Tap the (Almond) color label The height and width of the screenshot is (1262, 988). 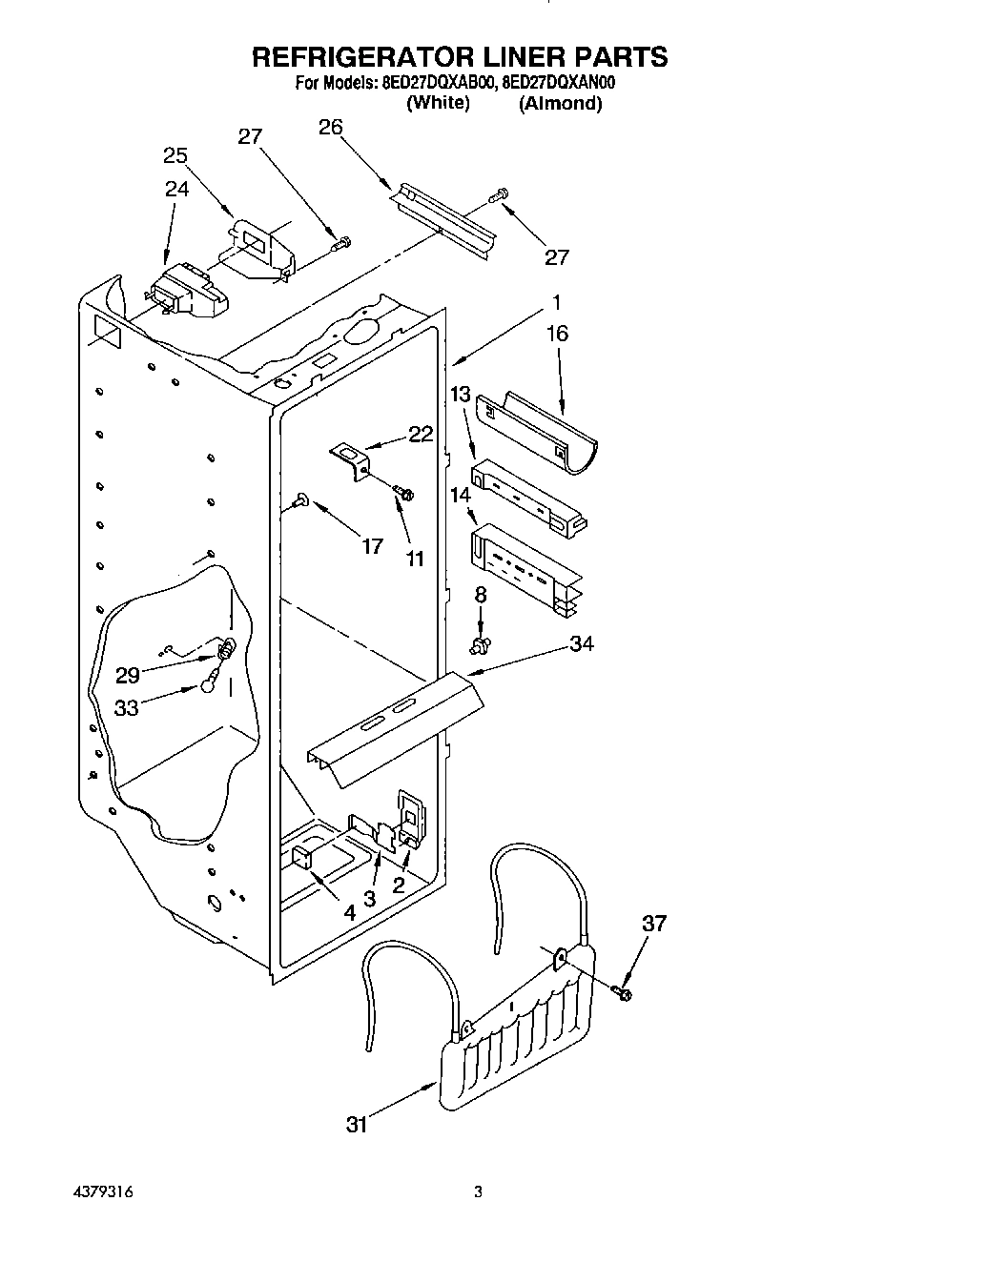(560, 103)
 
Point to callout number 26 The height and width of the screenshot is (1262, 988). (330, 128)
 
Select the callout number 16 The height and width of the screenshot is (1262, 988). (557, 333)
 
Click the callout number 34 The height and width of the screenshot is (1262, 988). (581, 644)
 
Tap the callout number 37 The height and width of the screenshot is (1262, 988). (653, 923)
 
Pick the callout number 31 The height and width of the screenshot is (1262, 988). (356, 1125)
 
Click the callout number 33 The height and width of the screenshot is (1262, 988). (127, 707)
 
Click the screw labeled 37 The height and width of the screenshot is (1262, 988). (625, 993)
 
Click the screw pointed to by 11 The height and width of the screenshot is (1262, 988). (405, 493)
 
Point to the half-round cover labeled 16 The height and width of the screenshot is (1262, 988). (536, 429)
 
